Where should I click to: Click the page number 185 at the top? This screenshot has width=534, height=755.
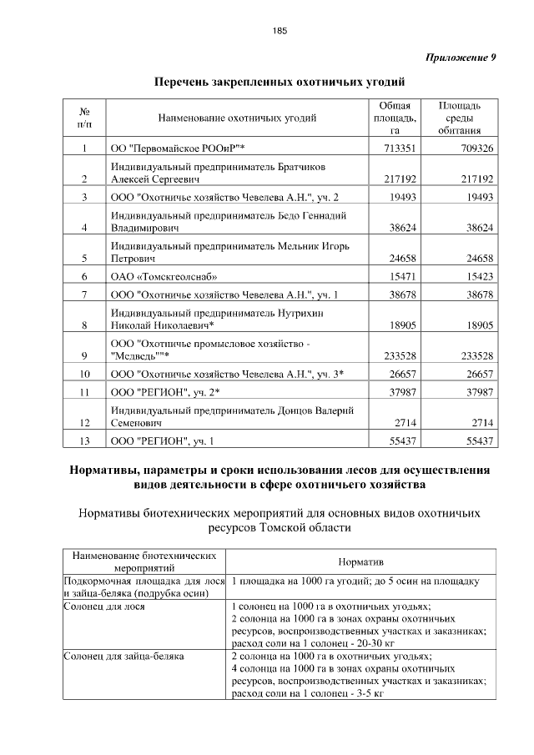tap(280, 31)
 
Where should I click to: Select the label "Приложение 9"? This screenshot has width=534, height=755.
tap(461, 58)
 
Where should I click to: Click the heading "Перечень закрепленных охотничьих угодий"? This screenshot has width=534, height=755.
tap(280, 83)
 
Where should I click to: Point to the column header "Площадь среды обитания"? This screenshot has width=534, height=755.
tap(458, 118)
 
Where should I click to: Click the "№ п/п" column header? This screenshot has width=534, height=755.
tap(84, 118)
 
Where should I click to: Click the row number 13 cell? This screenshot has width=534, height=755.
tap(84, 440)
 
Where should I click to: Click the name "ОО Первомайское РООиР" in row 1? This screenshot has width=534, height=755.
tap(177, 148)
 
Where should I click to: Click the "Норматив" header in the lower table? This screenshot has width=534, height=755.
tap(360, 561)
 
